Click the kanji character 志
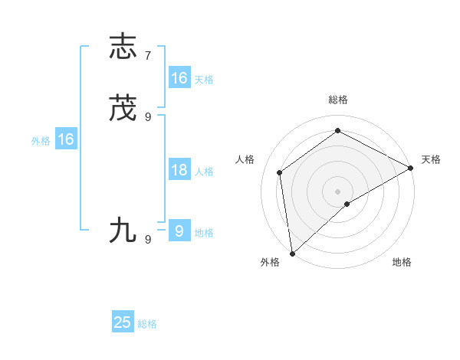click(123, 47)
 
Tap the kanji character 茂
click(123, 110)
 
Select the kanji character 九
click(123, 231)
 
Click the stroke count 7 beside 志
click(148, 56)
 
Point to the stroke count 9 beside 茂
click(148, 117)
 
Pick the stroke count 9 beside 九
click(148, 239)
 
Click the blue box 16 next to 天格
click(179, 78)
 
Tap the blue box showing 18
click(179, 170)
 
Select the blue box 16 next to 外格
click(66, 139)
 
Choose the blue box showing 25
click(123, 322)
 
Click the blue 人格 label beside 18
click(204, 172)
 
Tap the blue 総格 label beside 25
click(147, 324)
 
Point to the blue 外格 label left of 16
click(41, 141)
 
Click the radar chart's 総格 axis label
click(338, 100)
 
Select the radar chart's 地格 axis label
click(402, 262)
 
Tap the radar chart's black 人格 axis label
click(245, 159)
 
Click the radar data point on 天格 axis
click(411, 168)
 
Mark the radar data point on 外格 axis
click(292, 254)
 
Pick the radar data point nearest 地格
click(347, 204)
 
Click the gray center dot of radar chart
click(338, 191)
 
